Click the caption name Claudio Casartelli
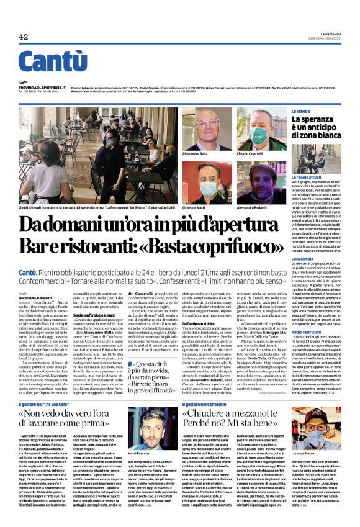pyautogui.click(x=251, y=153)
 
